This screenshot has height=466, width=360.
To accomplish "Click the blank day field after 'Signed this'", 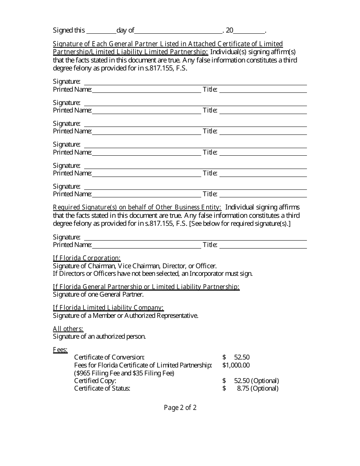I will point(101,31).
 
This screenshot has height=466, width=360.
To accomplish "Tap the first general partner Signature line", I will point(195,82).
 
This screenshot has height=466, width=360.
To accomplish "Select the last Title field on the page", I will point(263,245).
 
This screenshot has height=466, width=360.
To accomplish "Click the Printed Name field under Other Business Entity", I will point(146,245).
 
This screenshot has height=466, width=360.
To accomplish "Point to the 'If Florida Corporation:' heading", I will point(87,258).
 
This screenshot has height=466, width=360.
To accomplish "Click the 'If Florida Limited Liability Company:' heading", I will point(108,308).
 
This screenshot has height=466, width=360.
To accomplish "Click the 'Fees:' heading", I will point(60,350).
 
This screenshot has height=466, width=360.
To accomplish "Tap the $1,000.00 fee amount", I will point(236,365).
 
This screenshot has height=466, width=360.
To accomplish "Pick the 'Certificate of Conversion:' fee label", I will point(109,357).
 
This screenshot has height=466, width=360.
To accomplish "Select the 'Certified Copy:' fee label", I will point(95,381).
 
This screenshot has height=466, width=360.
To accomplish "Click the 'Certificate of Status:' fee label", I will point(102,388).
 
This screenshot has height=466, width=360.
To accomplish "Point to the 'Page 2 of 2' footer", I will point(180,408).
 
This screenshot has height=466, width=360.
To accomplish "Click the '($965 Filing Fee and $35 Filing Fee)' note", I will point(124,373).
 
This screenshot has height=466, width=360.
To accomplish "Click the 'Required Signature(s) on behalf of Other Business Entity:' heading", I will point(137,207).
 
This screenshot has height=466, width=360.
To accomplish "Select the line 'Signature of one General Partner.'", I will point(98,294).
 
